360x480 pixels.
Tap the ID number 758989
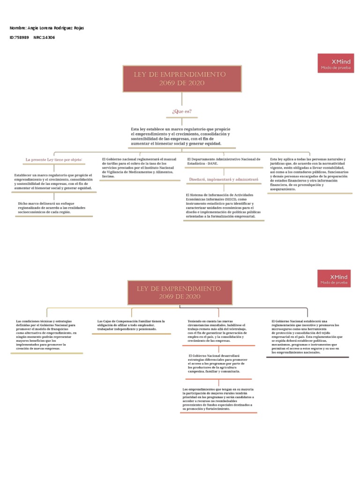(22, 37)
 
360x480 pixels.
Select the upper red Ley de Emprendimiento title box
(182, 79)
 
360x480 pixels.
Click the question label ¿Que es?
(182, 111)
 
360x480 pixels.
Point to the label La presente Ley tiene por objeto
(54, 160)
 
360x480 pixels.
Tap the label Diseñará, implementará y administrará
(224, 179)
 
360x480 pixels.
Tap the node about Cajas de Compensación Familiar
(131, 325)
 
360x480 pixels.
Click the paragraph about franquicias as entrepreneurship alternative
(46, 335)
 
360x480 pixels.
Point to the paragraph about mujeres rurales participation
(218, 399)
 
